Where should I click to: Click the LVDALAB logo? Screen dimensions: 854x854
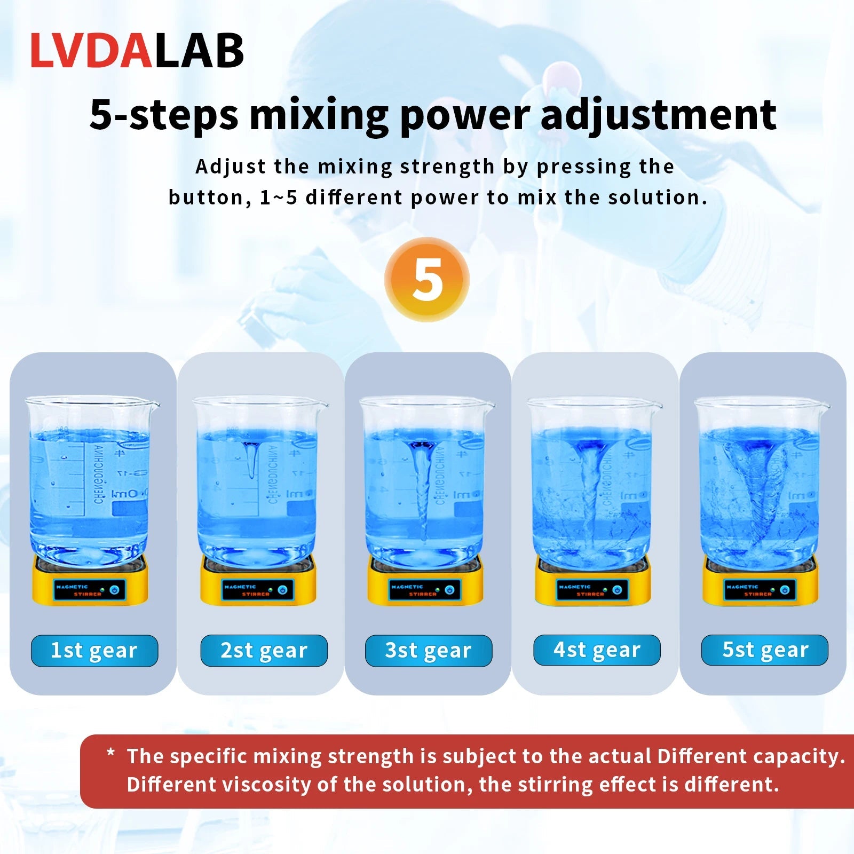[x=137, y=51]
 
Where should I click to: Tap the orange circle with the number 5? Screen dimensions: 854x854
[x=427, y=280]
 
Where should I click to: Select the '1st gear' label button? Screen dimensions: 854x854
[x=94, y=651]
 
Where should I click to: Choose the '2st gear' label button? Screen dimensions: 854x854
[x=264, y=651]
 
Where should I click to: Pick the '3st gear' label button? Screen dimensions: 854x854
[x=429, y=651]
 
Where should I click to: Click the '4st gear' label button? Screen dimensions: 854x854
[x=597, y=650]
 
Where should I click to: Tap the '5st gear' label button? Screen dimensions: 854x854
[x=765, y=650]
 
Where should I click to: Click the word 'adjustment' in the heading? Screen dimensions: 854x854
[x=658, y=115]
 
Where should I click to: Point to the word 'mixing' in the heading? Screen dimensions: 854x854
[x=319, y=115]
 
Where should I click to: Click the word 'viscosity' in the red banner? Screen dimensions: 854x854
[x=267, y=785]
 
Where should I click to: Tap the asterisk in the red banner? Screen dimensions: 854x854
[x=111, y=754]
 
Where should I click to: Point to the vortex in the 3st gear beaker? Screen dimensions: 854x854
[x=422, y=480]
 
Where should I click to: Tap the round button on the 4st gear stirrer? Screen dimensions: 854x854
[x=617, y=590]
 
